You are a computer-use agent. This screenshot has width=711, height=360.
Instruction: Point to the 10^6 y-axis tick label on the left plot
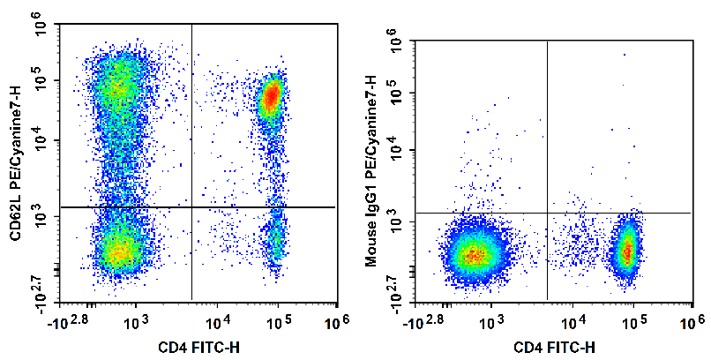coord(40,28)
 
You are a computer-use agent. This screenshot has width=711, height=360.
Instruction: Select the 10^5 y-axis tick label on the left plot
coord(40,81)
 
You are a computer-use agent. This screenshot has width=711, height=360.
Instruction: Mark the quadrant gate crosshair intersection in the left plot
coord(191,206)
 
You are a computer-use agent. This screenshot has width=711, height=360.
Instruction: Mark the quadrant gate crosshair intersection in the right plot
coord(548,213)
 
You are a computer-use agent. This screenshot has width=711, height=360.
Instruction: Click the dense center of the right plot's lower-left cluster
coord(474,255)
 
